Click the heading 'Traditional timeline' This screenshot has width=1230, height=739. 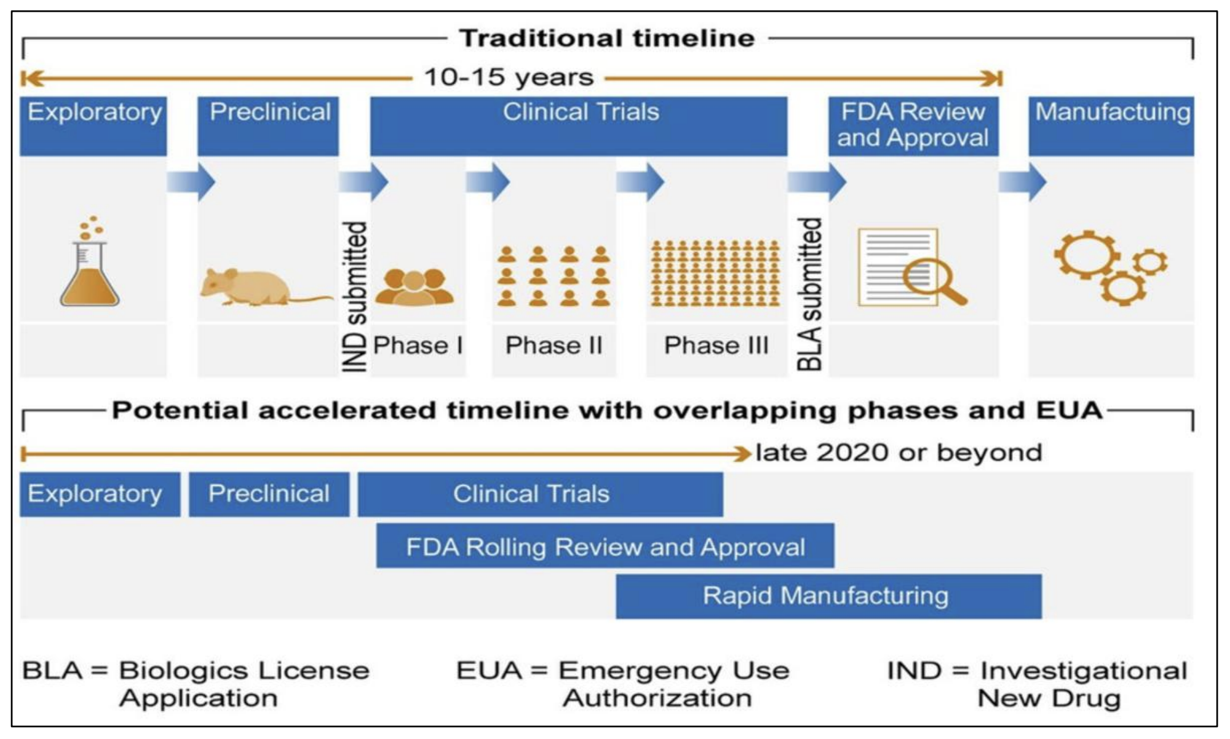607,39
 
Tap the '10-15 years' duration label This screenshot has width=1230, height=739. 509,78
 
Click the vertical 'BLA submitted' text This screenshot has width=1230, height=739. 810,294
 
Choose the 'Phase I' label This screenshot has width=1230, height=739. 418,346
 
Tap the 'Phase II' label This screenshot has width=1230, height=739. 553,346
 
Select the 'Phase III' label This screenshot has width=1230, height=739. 716,346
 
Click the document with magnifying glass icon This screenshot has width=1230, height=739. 911,267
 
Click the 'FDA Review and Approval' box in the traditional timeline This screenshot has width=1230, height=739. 913,125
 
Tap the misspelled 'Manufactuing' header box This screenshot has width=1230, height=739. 1112,125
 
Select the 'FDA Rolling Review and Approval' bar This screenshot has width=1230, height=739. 605,546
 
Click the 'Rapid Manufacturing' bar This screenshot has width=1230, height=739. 828,596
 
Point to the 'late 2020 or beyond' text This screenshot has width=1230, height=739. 899,453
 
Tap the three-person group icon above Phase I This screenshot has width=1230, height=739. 415,287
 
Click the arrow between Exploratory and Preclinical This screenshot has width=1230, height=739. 191,182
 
